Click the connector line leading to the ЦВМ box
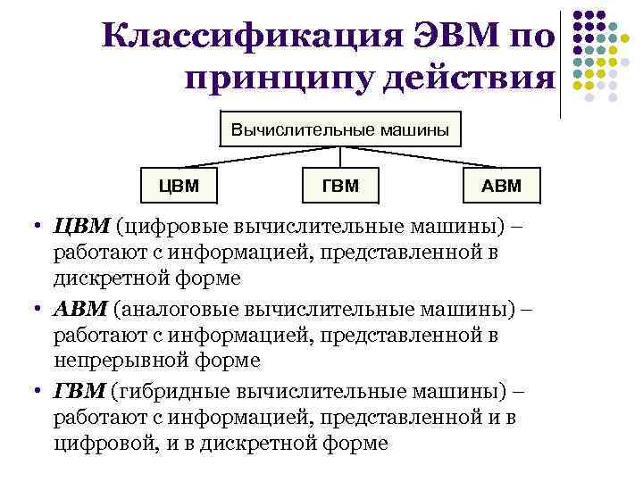pos(250,156)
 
